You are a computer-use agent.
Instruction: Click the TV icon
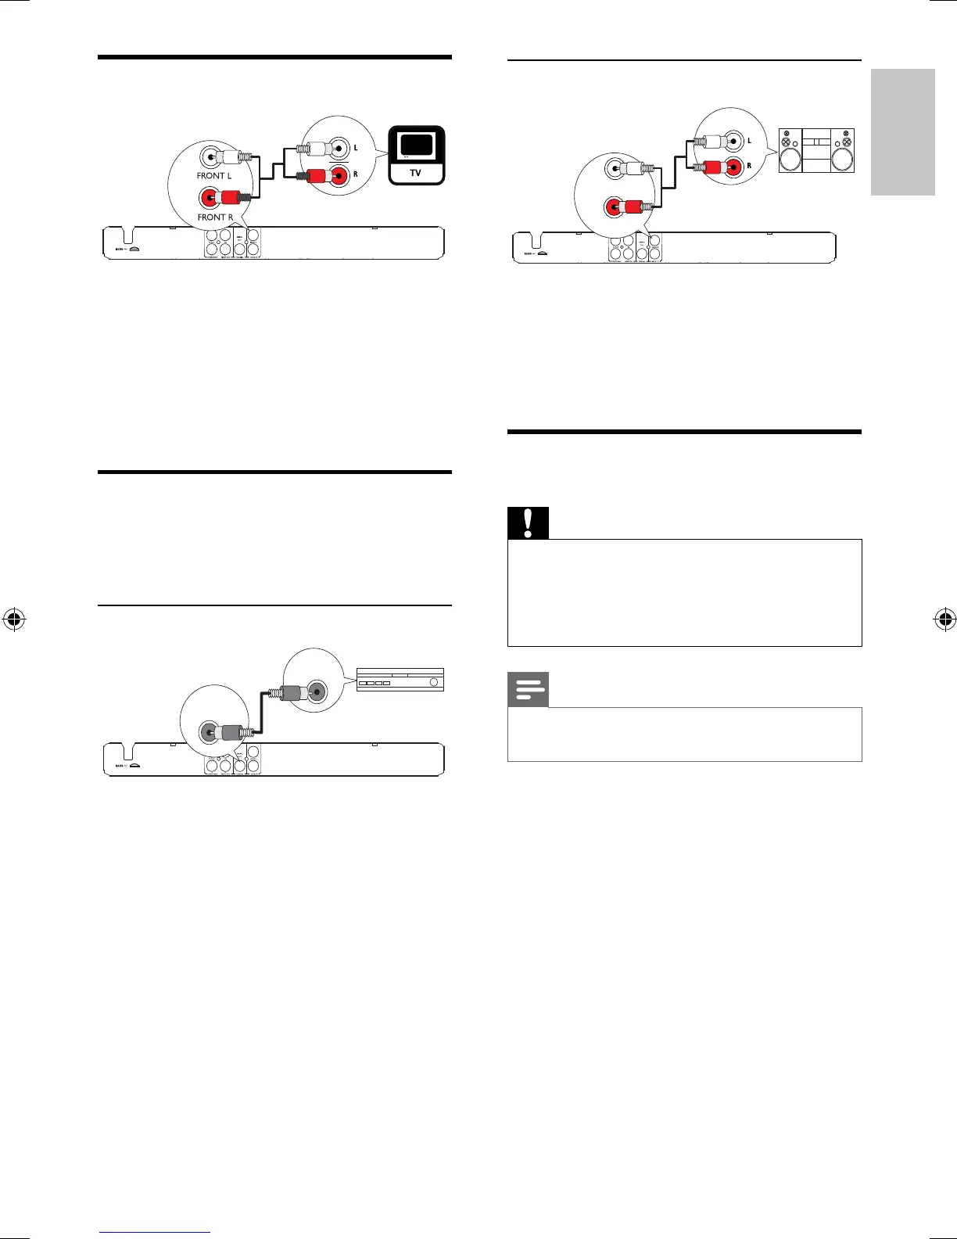point(417,155)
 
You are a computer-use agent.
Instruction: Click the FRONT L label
point(214,176)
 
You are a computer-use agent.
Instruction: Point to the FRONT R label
point(215,217)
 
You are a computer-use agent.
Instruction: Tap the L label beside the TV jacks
point(356,148)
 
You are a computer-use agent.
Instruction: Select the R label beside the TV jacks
point(356,174)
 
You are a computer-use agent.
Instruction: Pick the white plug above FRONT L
point(231,156)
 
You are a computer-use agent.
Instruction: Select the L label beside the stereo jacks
point(749,141)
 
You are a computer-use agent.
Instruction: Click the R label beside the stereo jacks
point(749,166)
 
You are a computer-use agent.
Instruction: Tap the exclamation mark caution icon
point(528,523)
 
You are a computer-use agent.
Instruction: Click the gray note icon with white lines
point(528,691)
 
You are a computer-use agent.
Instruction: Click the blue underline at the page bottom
point(156,1233)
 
